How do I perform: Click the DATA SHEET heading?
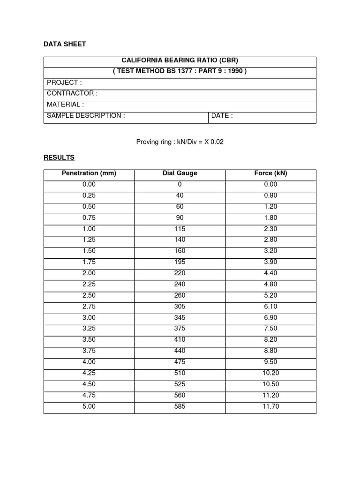(x=65, y=44)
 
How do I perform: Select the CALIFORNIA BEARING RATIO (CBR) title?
(x=180, y=60)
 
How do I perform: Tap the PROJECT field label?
(x=64, y=82)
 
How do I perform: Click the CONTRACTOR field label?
(x=72, y=93)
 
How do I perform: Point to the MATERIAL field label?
(x=65, y=105)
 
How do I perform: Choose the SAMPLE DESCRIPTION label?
(x=86, y=115)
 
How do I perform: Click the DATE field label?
(x=222, y=115)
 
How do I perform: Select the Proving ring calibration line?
(x=180, y=142)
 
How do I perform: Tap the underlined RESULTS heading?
(x=59, y=157)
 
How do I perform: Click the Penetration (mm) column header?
(x=89, y=173)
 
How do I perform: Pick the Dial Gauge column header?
(x=180, y=173)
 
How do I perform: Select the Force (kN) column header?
(x=270, y=173)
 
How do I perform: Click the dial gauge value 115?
(x=180, y=229)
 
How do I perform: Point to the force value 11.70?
(x=270, y=406)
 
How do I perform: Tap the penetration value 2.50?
(x=89, y=295)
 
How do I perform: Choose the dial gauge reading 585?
(x=180, y=406)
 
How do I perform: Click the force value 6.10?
(x=270, y=307)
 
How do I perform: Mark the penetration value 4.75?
(x=89, y=395)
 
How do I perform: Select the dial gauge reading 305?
(x=180, y=307)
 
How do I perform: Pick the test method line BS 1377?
(x=180, y=71)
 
